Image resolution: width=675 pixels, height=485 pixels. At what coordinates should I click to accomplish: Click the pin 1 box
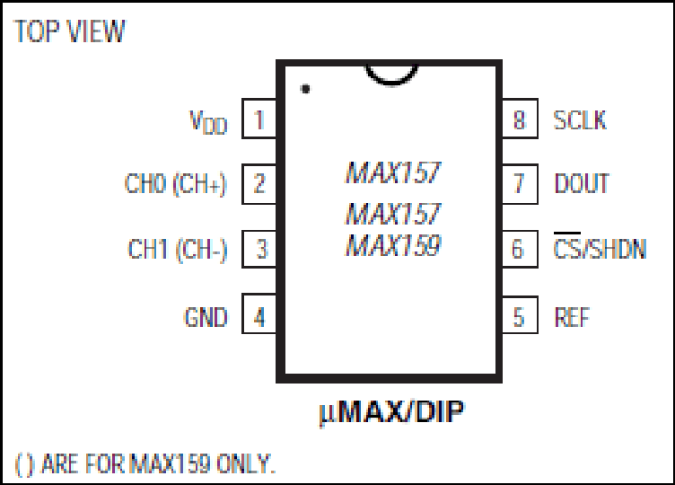pyautogui.click(x=259, y=119)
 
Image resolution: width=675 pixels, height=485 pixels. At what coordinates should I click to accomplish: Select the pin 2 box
pyautogui.click(x=259, y=184)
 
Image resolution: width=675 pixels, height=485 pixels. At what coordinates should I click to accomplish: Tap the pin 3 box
pyautogui.click(x=259, y=249)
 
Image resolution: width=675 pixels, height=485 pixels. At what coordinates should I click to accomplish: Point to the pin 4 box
pyautogui.click(x=259, y=313)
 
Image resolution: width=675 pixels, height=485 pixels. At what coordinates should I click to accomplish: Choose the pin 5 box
pyautogui.click(x=520, y=315)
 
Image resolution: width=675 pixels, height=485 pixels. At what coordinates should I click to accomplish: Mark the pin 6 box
pyautogui.click(x=520, y=249)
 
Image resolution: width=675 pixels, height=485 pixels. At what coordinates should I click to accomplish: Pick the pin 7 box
pyautogui.click(x=520, y=184)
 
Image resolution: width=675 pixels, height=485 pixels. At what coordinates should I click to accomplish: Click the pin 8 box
pyautogui.click(x=520, y=119)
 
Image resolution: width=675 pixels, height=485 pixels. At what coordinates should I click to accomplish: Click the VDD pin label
pyautogui.click(x=208, y=122)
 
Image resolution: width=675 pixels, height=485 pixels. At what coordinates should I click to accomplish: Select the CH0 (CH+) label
pyautogui.click(x=175, y=184)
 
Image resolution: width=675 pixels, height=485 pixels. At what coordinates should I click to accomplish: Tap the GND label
pyautogui.click(x=206, y=317)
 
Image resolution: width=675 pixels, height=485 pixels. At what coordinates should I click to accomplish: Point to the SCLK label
pyautogui.click(x=580, y=120)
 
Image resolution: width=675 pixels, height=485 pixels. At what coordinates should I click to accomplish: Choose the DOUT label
pyautogui.click(x=582, y=183)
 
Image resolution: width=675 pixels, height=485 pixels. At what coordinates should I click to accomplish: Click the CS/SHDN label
pyautogui.click(x=600, y=246)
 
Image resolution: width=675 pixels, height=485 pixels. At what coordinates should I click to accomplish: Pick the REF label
pyautogui.click(x=572, y=317)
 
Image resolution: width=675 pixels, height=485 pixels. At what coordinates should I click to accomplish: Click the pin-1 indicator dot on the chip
pyautogui.click(x=305, y=89)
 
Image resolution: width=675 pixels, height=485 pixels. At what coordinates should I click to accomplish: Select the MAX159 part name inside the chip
pyautogui.click(x=393, y=245)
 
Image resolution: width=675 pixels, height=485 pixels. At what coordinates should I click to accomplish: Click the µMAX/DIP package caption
pyautogui.click(x=391, y=412)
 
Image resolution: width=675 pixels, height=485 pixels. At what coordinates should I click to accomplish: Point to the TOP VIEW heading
pyautogui.click(x=69, y=31)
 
